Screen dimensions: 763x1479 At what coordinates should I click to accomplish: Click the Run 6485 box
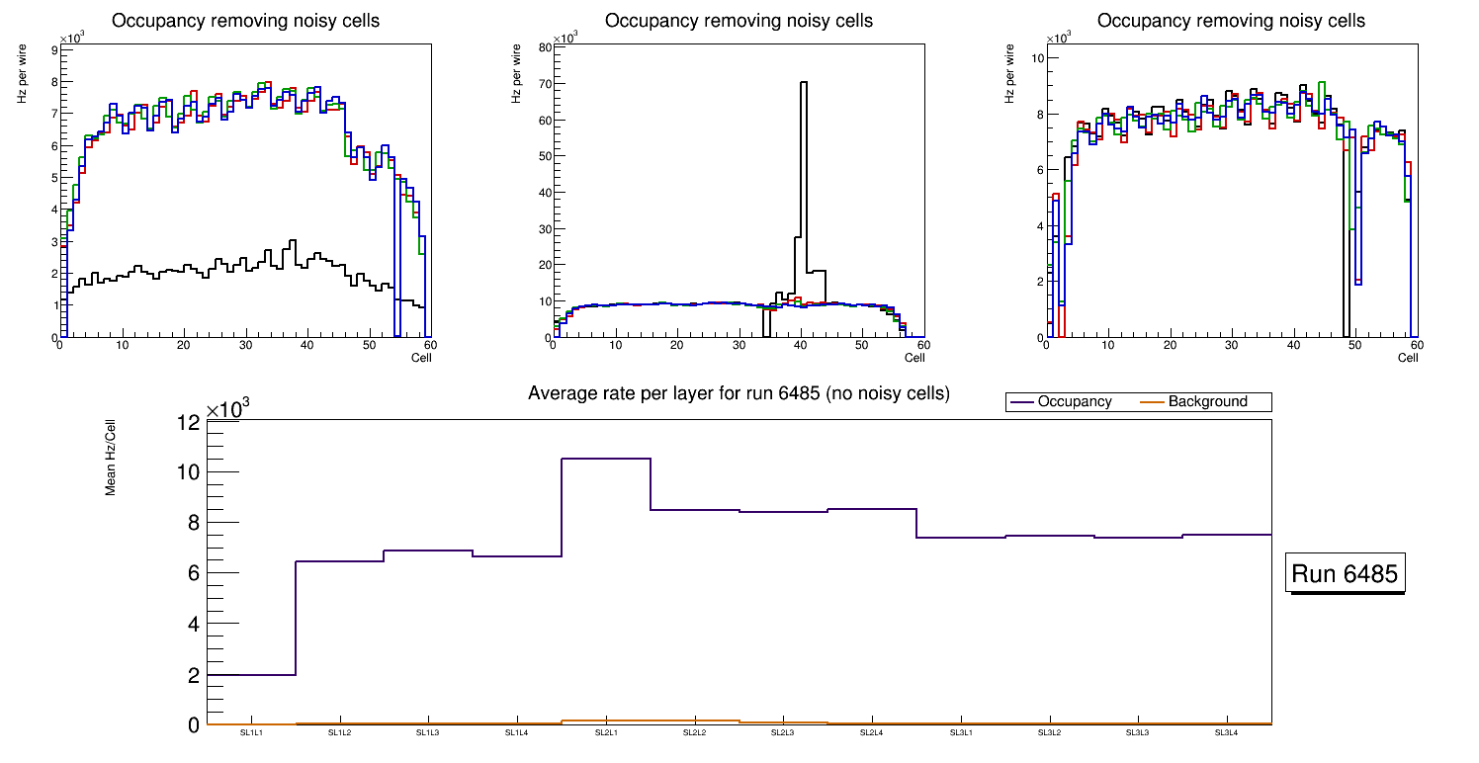pos(1346,574)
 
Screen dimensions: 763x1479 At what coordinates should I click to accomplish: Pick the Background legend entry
pos(1207,402)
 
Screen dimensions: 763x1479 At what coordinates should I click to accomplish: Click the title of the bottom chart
pos(739,393)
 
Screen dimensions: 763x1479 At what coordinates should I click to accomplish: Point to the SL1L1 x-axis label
pos(251,732)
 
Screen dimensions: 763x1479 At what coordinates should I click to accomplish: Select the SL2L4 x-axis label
pos(871,732)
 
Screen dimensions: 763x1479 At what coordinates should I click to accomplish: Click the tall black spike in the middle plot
pos(803,148)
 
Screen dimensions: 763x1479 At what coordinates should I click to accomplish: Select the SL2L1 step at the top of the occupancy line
pos(606,459)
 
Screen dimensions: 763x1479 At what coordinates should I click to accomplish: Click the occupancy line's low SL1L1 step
pos(251,675)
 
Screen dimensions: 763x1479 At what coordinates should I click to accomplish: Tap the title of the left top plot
pos(245,21)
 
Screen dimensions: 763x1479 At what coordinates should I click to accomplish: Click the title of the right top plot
pos(1231,21)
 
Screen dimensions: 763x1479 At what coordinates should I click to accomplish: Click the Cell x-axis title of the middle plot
pos(914,357)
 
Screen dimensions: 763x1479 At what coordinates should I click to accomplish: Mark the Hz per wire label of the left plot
pos(22,77)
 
